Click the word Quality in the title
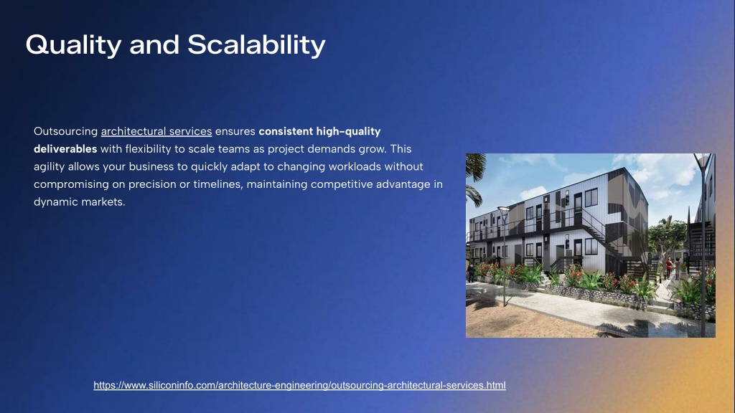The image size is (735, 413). (x=74, y=45)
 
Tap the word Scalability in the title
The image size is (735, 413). (x=256, y=45)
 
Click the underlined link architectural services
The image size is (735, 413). (x=156, y=132)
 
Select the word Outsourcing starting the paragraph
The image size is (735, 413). (x=65, y=132)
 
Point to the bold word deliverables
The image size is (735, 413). (x=65, y=149)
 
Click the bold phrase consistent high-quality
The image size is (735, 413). (x=319, y=132)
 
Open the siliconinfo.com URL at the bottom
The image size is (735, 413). (x=299, y=385)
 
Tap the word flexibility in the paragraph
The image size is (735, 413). (x=148, y=149)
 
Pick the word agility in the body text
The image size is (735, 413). (x=50, y=167)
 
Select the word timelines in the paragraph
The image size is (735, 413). (x=218, y=184)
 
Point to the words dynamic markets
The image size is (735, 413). (x=79, y=202)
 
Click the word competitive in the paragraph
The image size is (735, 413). (x=342, y=184)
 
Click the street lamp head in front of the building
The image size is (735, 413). (x=503, y=210)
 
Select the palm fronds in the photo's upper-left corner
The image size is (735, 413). (x=475, y=176)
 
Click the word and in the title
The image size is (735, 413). (x=155, y=45)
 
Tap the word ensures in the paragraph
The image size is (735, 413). (x=235, y=132)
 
